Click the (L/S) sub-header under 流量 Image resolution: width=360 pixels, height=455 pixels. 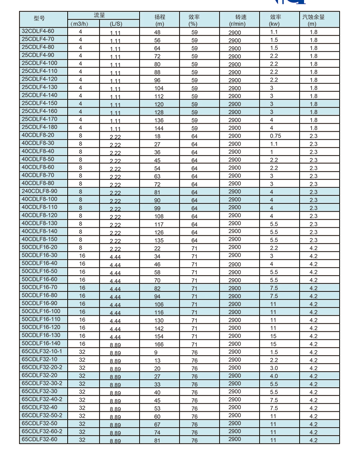(116, 24)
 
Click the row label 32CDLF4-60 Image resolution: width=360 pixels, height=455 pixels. (38, 31)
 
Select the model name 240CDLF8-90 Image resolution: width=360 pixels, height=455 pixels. (40, 191)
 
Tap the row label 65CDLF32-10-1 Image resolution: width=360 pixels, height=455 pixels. (42, 351)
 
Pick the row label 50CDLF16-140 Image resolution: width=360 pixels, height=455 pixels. (41, 343)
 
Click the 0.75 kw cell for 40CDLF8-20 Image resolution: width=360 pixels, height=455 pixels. (275, 136)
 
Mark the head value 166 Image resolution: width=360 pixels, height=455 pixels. (159, 344)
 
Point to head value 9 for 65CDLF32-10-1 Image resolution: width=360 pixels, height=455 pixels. (156, 353)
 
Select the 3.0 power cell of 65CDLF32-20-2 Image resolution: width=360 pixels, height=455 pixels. (274, 368)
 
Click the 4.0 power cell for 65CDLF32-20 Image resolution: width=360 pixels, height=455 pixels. (274, 376)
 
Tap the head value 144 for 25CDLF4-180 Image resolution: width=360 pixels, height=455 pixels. (159, 128)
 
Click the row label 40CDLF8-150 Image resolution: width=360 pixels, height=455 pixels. (39, 239)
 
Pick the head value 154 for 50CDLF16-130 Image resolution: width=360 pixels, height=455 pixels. (159, 336)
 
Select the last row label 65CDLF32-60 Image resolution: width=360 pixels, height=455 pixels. (39, 439)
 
